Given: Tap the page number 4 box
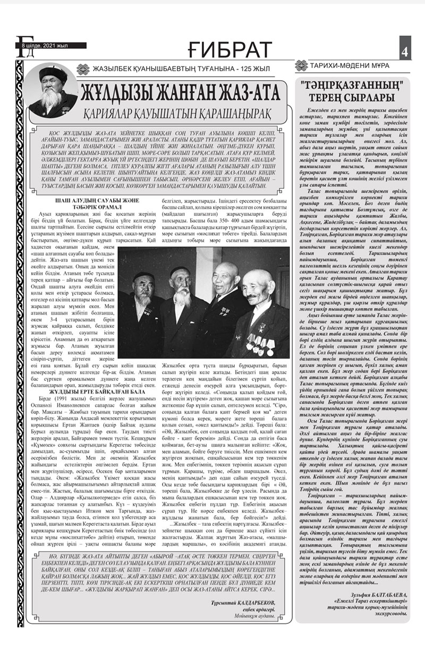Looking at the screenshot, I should tap(405, 52).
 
